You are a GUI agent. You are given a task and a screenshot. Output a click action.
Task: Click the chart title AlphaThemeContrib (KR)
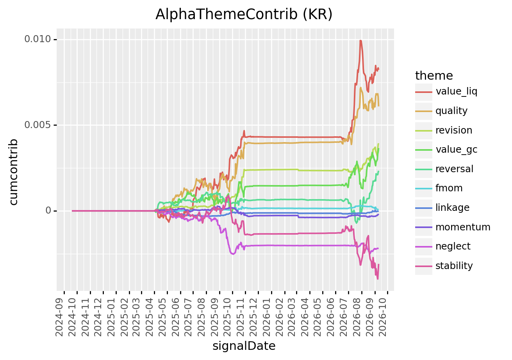pos(244,14)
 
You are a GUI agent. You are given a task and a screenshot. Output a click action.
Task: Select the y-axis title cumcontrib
pos(14,172)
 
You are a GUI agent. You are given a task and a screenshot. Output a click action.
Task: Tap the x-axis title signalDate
pos(244,346)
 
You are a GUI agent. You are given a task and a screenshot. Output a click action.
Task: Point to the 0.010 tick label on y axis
pos(37,39)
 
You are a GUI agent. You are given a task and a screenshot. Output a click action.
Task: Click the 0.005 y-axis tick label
pos(37,125)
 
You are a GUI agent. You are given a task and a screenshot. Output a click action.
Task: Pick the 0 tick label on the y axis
pos(48,210)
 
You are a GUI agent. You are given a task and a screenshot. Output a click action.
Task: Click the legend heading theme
pos(434,76)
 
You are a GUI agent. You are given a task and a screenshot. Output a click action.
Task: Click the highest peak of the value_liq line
pos(361,41)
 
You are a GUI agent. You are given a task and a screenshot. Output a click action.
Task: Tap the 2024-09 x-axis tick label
pos(59,317)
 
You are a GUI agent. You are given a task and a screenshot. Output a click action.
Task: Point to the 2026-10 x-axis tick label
pos(382,317)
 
